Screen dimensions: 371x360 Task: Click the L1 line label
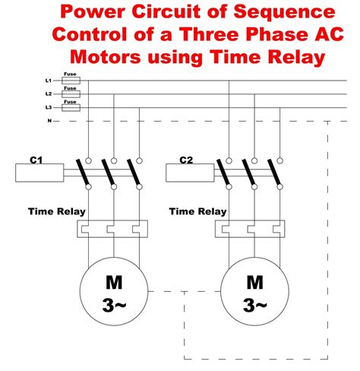pos(49,80)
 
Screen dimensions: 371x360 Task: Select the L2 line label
pos(49,94)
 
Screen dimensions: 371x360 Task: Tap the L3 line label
pos(49,108)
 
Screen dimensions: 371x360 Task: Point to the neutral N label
pos(49,121)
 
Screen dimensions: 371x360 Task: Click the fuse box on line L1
pos(70,81)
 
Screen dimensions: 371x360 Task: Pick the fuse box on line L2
pos(70,94)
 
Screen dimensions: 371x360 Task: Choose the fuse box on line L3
pos(70,108)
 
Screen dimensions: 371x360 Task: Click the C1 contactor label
pos(36,160)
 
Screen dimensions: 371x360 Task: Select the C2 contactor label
pos(186,160)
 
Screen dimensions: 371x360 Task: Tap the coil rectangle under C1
pos(39,173)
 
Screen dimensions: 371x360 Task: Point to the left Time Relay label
pos(57,211)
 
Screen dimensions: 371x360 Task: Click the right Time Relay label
pos(197,211)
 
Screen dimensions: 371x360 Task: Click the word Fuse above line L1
pos(70,73)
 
